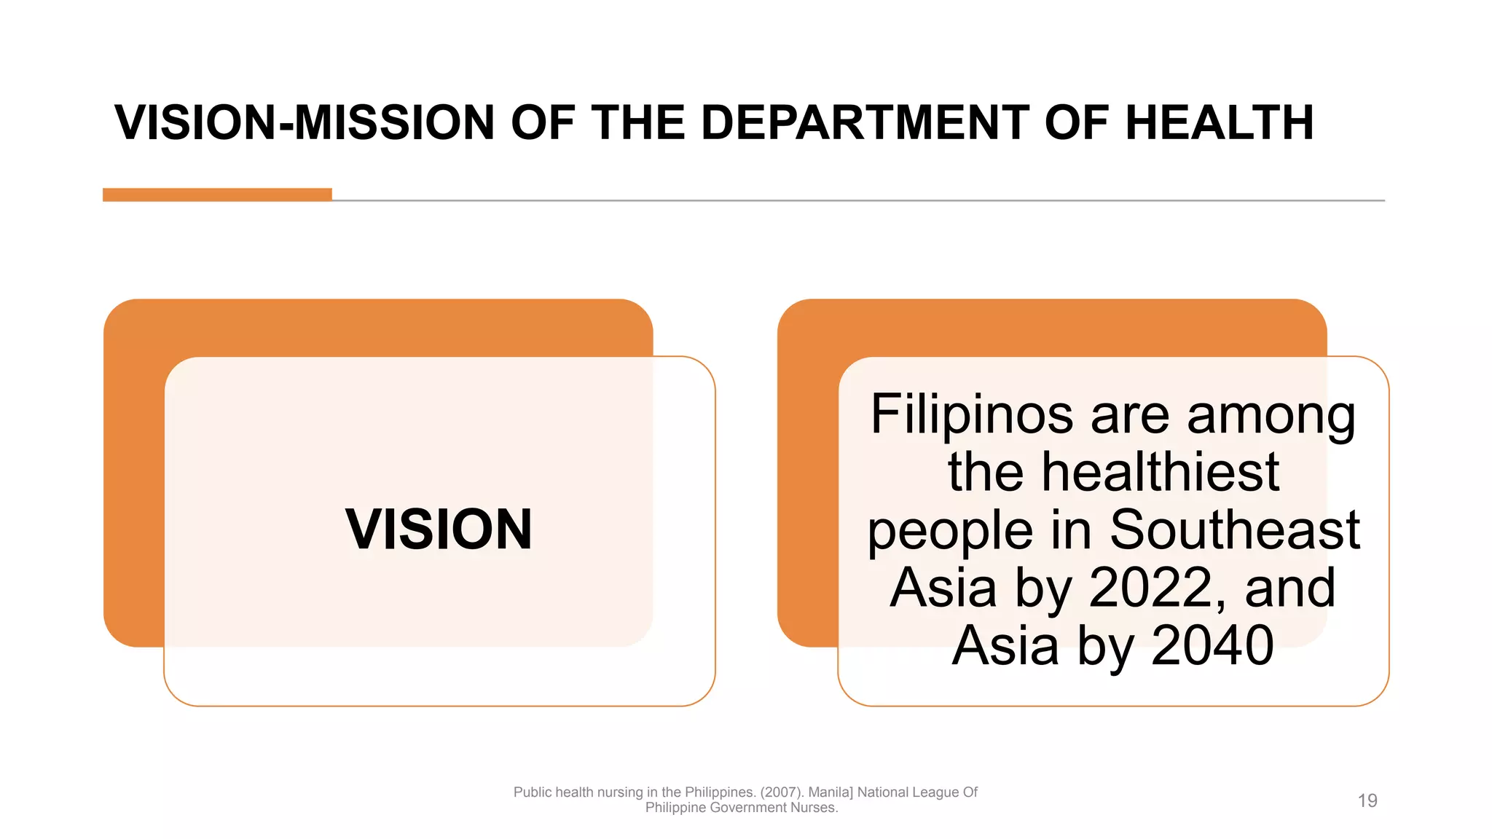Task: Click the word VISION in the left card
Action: point(439,529)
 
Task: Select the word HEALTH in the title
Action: point(1220,122)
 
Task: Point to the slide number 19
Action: point(1367,801)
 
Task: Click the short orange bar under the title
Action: point(217,194)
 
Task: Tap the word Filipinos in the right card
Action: point(972,414)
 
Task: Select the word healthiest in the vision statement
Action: point(1160,472)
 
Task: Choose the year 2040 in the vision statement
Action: point(1212,645)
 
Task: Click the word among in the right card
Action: point(1271,414)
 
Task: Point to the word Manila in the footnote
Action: point(831,792)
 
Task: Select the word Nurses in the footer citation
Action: point(814,808)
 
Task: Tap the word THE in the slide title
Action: point(637,122)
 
